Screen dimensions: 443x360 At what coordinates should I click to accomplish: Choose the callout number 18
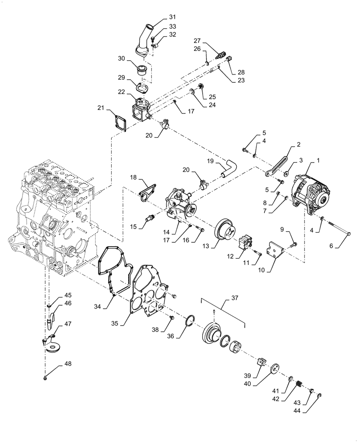coord(133,177)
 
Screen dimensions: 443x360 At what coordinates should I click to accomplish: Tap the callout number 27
coord(196,40)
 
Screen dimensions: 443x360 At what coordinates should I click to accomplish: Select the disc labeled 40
coord(274,368)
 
